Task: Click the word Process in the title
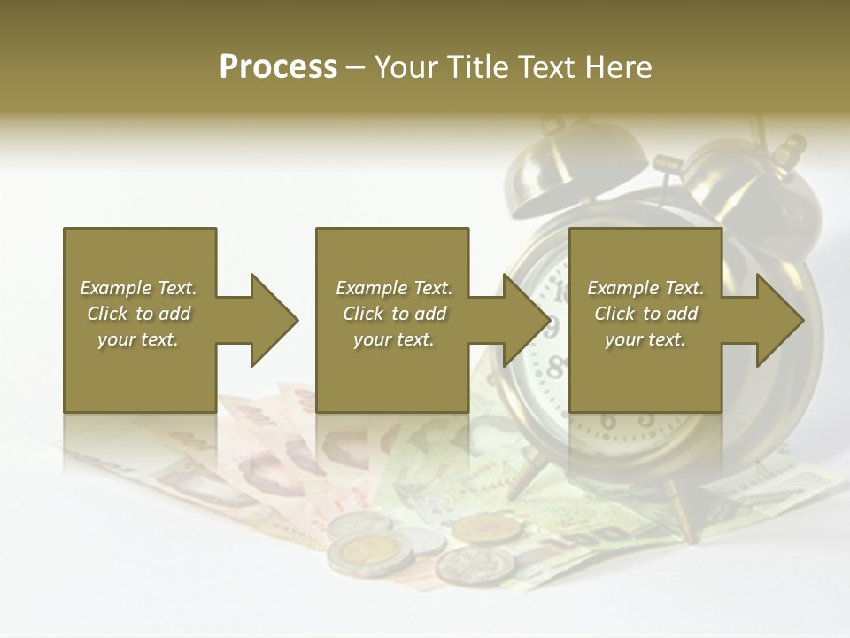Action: (278, 66)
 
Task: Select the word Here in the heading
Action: (619, 66)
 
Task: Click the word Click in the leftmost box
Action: (108, 314)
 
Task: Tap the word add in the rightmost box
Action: (679, 314)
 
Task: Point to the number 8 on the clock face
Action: (556, 366)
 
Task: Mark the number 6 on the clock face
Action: (608, 420)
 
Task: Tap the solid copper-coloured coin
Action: (487, 529)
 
